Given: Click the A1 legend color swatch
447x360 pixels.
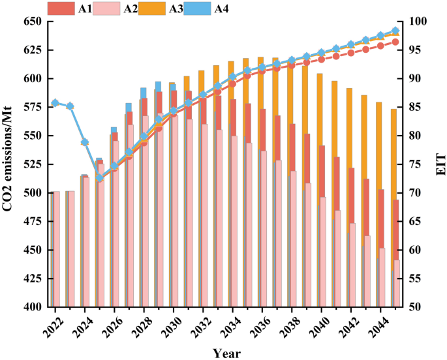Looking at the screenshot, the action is (x=61, y=8).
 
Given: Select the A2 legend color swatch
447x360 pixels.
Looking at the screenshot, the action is (x=106, y=8).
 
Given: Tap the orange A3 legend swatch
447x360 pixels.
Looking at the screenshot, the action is (x=152, y=8).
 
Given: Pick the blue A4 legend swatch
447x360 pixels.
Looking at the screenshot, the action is (x=197, y=8).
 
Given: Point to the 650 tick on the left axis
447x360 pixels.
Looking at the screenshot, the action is (x=33, y=22).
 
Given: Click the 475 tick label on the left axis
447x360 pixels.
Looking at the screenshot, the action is (x=33, y=221).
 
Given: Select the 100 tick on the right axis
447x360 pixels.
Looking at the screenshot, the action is (x=417, y=22).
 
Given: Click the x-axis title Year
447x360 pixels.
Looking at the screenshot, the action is (x=227, y=353).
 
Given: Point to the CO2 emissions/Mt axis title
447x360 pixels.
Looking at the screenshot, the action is (x=7, y=159).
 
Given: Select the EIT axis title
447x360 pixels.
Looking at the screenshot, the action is (x=440, y=164).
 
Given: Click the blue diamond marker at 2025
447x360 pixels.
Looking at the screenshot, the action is (x=99, y=178).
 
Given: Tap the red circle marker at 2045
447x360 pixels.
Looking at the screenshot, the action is (x=395, y=42).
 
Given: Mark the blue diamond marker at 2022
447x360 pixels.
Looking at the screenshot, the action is (x=55, y=103).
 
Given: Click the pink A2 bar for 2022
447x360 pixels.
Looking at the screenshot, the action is (x=56, y=249).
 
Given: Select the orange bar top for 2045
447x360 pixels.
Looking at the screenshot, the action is (x=393, y=110).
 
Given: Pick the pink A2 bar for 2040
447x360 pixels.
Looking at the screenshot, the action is (x=323, y=252).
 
